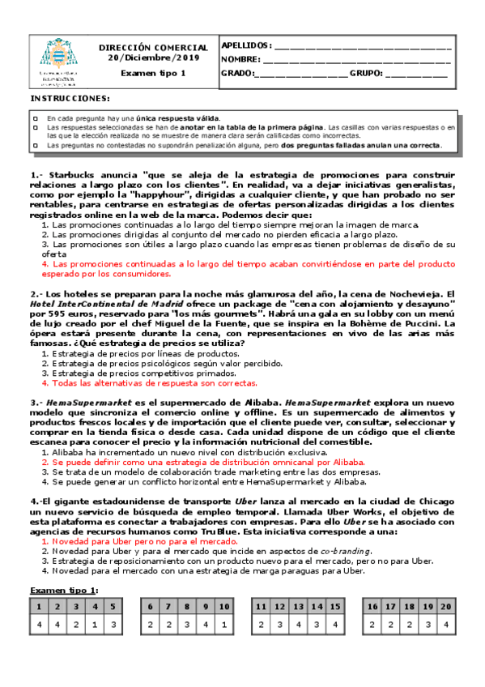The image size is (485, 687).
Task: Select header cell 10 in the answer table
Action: [224, 605]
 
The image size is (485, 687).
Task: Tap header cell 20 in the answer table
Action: [445, 605]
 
